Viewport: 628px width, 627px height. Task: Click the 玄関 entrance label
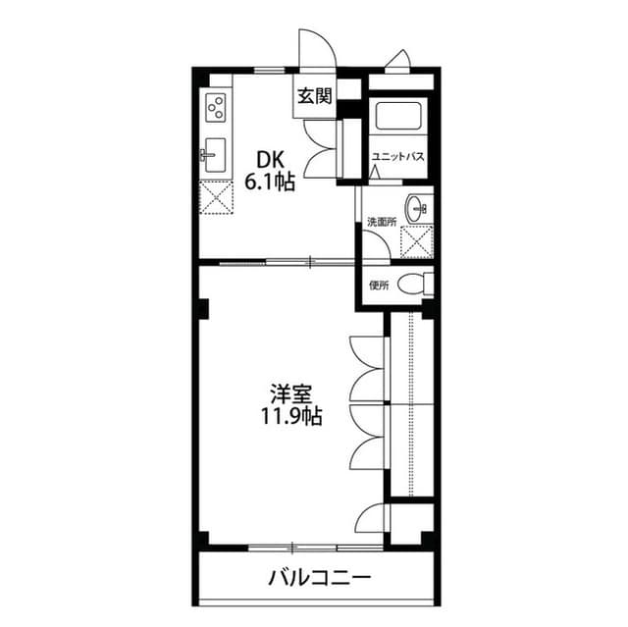pyautogui.click(x=314, y=96)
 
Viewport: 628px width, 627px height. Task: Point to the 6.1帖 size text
pyautogui.click(x=270, y=182)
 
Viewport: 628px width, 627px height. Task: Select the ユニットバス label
pyautogui.click(x=397, y=157)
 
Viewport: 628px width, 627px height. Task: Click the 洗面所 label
pyautogui.click(x=382, y=222)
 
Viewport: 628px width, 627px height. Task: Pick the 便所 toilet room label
pyautogui.click(x=379, y=286)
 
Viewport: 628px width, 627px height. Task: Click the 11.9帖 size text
pyautogui.click(x=291, y=418)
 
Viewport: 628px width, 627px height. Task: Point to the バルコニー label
pyautogui.click(x=320, y=576)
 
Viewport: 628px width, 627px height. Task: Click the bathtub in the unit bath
pyautogui.click(x=397, y=118)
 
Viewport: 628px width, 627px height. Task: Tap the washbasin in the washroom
pyautogui.click(x=419, y=208)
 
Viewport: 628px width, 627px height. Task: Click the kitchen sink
pyautogui.click(x=215, y=155)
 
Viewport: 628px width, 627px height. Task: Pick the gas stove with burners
pyautogui.click(x=215, y=107)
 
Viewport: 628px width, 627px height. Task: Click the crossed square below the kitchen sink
pyautogui.click(x=215, y=196)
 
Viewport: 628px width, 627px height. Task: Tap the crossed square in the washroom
pyautogui.click(x=419, y=240)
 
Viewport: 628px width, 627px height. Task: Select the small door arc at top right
pyautogui.click(x=398, y=62)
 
